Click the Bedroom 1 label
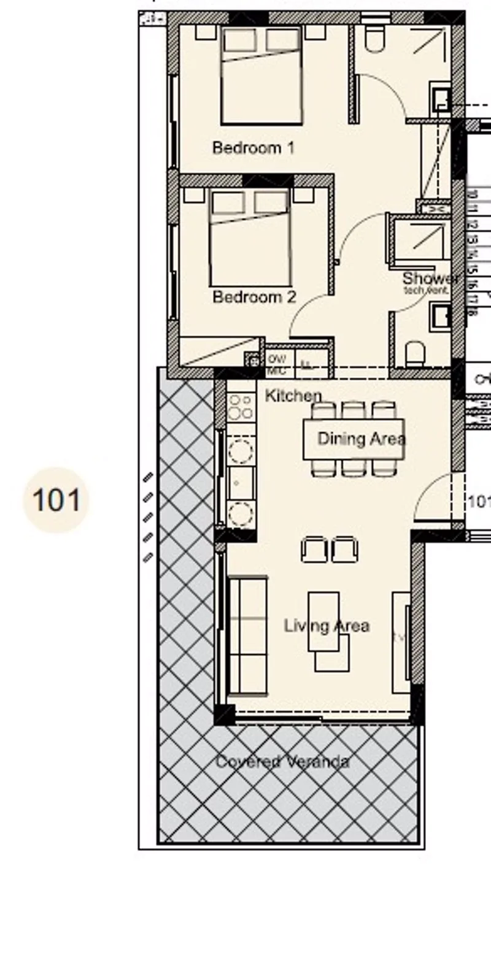pos(253,148)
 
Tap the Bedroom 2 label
pos(254,298)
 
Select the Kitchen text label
pos(293,396)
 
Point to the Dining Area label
pos(361,439)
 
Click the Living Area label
pos(327,626)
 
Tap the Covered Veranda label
pos(282,762)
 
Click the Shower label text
pos(430,279)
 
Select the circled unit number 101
pos(56,500)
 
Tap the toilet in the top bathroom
pos(374,39)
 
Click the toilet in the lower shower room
pos(416,355)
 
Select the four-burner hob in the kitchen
pos(241,405)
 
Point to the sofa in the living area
pos(247,636)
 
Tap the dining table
pos(354,439)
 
